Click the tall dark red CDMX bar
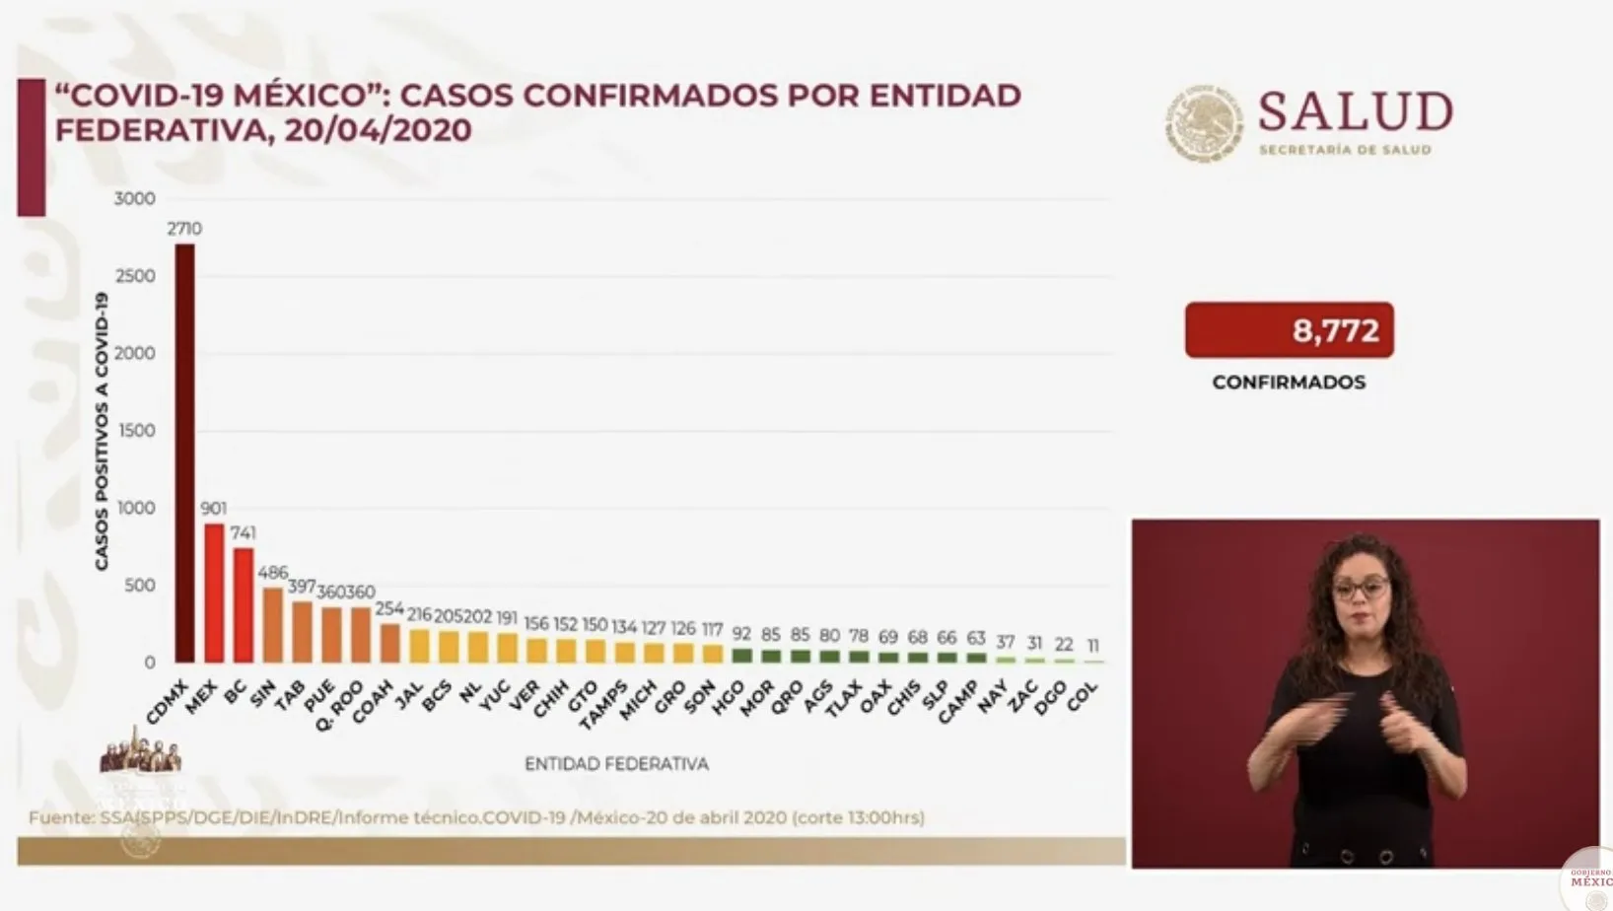tap(184, 454)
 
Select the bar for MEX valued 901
tap(214, 593)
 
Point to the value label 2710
tap(184, 229)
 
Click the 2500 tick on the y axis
tap(135, 276)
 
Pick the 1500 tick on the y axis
tap(137, 431)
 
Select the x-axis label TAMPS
tap(603, 705)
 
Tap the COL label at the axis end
tap(1082, 697)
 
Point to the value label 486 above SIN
tap(272, 573)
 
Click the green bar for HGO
tap(741, 656)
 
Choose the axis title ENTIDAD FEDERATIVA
tap(616, 764)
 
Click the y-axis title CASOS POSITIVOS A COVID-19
tap(102, 432)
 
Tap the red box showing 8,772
tap(1289, 330)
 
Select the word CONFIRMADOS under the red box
tap(1289, 383)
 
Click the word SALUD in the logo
tap(1355, 111)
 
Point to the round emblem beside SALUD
tap(1204, 123)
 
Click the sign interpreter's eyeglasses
tap(1361, 590)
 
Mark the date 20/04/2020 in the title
tap(378, 130)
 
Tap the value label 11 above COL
tap(1093, 646)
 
